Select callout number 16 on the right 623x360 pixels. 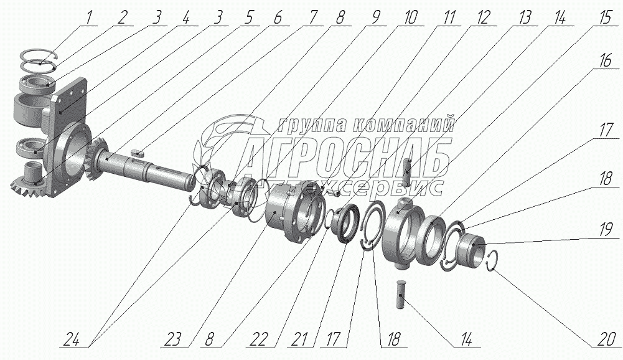[x=605, y=61]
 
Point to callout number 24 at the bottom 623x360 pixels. [x=73, y=340]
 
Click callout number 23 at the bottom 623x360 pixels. [x=174, y=340]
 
